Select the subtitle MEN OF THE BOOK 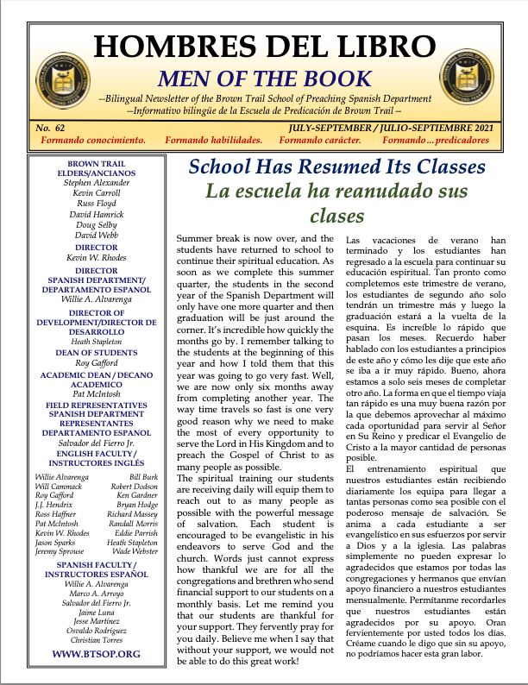tap(263, 79)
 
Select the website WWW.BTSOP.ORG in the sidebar tap(97, 654)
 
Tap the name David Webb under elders tap(97, 235)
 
